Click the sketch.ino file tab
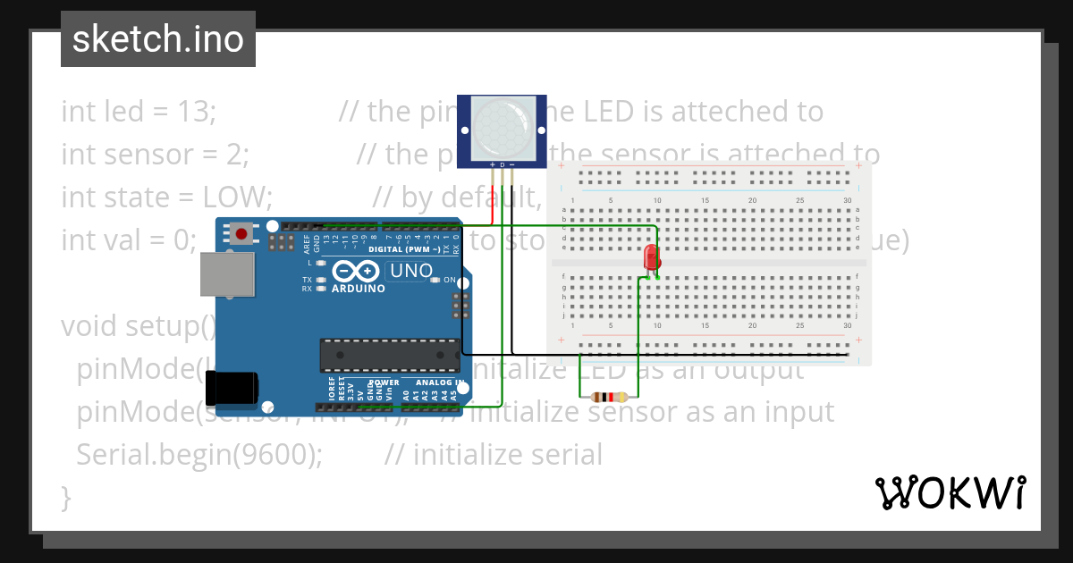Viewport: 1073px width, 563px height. [158, 39]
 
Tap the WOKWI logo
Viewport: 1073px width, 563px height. [950, 492]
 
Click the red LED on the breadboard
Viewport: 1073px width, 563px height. [652, 257]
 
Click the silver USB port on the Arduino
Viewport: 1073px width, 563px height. [226, 273]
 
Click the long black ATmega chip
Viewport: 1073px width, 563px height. [390, 356]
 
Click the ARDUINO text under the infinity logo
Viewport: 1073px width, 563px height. [358, 289]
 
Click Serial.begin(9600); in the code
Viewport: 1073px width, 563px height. [199, 455]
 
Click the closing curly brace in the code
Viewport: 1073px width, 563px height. [65, 496]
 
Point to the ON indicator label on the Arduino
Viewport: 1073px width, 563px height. [450, 280]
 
